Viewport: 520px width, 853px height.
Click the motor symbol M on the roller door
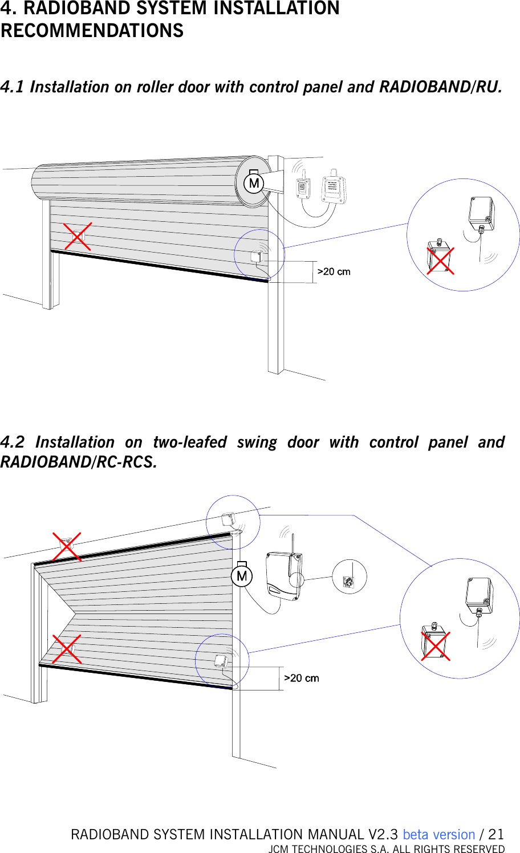(254, 183)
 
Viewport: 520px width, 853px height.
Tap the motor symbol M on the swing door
(242, 575)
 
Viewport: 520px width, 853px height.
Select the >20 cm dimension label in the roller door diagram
(334, 271)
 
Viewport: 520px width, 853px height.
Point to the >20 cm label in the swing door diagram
(302, 678)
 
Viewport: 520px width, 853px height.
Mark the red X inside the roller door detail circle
(441, 261)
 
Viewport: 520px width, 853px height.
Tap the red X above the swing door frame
(67, 547)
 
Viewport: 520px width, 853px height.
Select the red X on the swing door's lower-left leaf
(67, 649)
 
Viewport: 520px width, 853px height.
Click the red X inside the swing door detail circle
(436, 646)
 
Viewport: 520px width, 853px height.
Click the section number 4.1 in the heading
(12, 87)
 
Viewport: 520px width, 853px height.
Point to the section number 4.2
(13, 442)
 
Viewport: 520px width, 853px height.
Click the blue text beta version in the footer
(438, 834)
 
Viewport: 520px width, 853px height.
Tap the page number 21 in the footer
(496, 834)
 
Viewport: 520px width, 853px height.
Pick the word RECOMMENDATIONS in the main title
(92, 30)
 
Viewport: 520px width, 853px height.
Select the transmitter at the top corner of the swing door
(228, 520)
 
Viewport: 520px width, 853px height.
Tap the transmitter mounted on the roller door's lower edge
(257, 256)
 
